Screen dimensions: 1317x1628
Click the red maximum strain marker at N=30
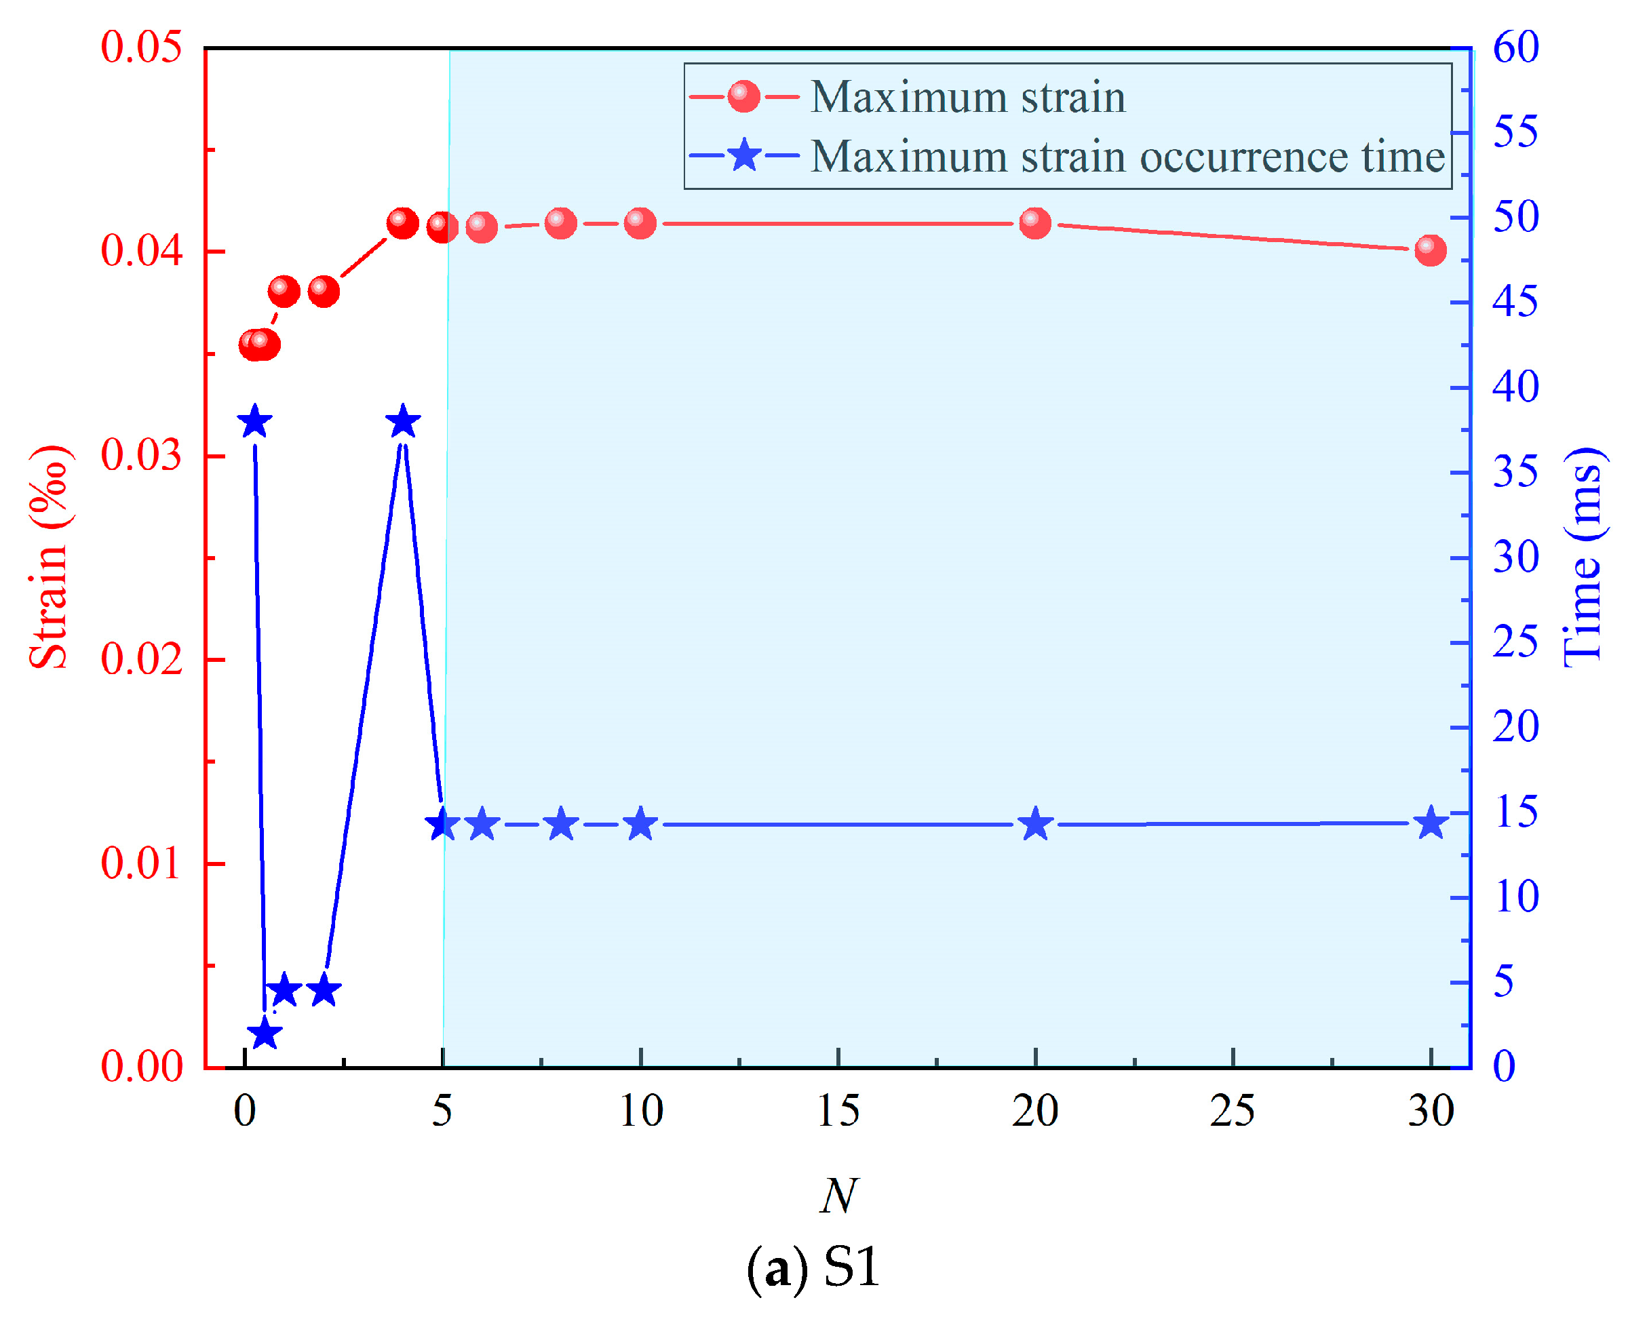[1430, 250]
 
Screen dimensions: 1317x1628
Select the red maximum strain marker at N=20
[1034, 223]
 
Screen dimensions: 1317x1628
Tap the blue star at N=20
[1034, 825]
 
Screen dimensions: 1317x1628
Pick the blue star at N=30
[1430, 824]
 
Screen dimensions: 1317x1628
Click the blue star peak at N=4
[403, 422]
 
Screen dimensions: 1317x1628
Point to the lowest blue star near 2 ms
[265, 1034]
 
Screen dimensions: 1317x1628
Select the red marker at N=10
[640, 223]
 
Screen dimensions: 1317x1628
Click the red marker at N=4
[403, 223]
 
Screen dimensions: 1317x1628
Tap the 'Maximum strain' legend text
[967, 97]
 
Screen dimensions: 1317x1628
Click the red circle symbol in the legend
[743, 97]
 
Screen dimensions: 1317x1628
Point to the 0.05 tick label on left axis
[142, 47]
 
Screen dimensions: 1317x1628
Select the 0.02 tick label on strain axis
[142, 658]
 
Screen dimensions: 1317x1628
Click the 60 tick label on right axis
[1515, 47]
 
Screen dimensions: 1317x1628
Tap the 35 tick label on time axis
[1515, 472]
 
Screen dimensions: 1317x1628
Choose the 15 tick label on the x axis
[838, 1112]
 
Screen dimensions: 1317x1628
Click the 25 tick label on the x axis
[1232, 1112]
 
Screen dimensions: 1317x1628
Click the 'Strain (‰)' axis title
[50, 557]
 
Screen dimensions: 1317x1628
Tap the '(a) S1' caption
[813, 1266]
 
